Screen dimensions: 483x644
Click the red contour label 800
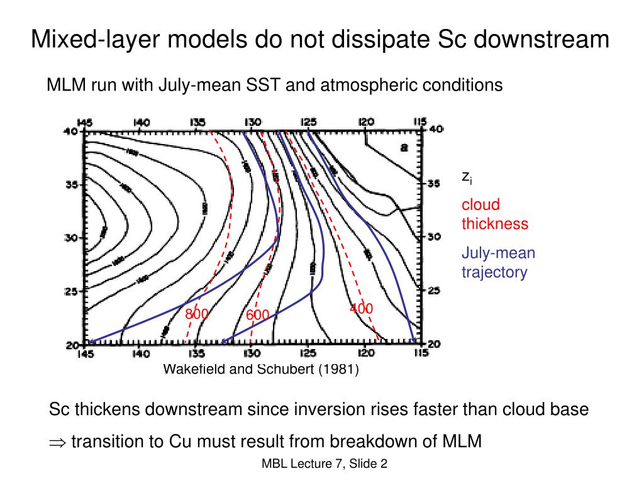[196, 313]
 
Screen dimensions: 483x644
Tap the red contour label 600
[257, 314]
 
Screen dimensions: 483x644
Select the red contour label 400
[361, 308]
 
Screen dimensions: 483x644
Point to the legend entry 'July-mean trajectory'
[498, 263]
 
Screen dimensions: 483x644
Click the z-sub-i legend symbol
[467, 177]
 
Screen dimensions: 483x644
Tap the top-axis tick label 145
[85, 122]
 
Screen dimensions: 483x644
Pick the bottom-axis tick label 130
[251, 353]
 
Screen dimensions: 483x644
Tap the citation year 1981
[338, 369]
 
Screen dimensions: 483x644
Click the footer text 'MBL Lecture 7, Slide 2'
[325, 464]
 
